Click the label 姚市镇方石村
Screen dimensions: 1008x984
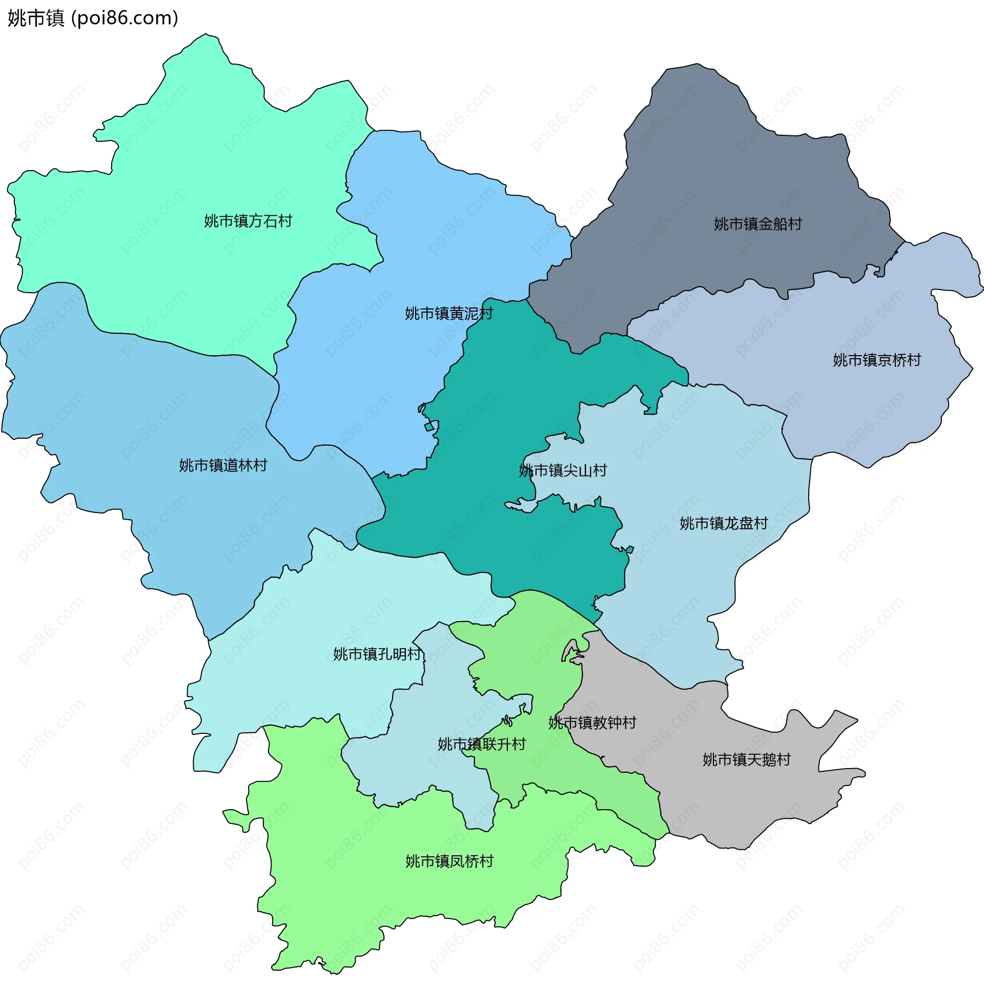248,221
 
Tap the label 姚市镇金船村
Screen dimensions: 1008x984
757,224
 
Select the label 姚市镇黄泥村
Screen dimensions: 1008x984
448,314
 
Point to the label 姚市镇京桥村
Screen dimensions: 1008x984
876,360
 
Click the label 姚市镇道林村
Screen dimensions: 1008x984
223,465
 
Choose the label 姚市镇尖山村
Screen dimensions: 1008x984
563,470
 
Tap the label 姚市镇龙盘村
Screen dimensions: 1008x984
724,523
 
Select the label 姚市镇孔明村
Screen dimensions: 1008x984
377,654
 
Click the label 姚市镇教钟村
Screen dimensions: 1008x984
592,722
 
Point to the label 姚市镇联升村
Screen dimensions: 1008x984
482,744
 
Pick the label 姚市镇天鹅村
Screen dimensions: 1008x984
746,759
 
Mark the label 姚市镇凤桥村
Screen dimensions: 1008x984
449,861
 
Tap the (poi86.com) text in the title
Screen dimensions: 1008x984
125,18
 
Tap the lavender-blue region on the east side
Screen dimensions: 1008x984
878,403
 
